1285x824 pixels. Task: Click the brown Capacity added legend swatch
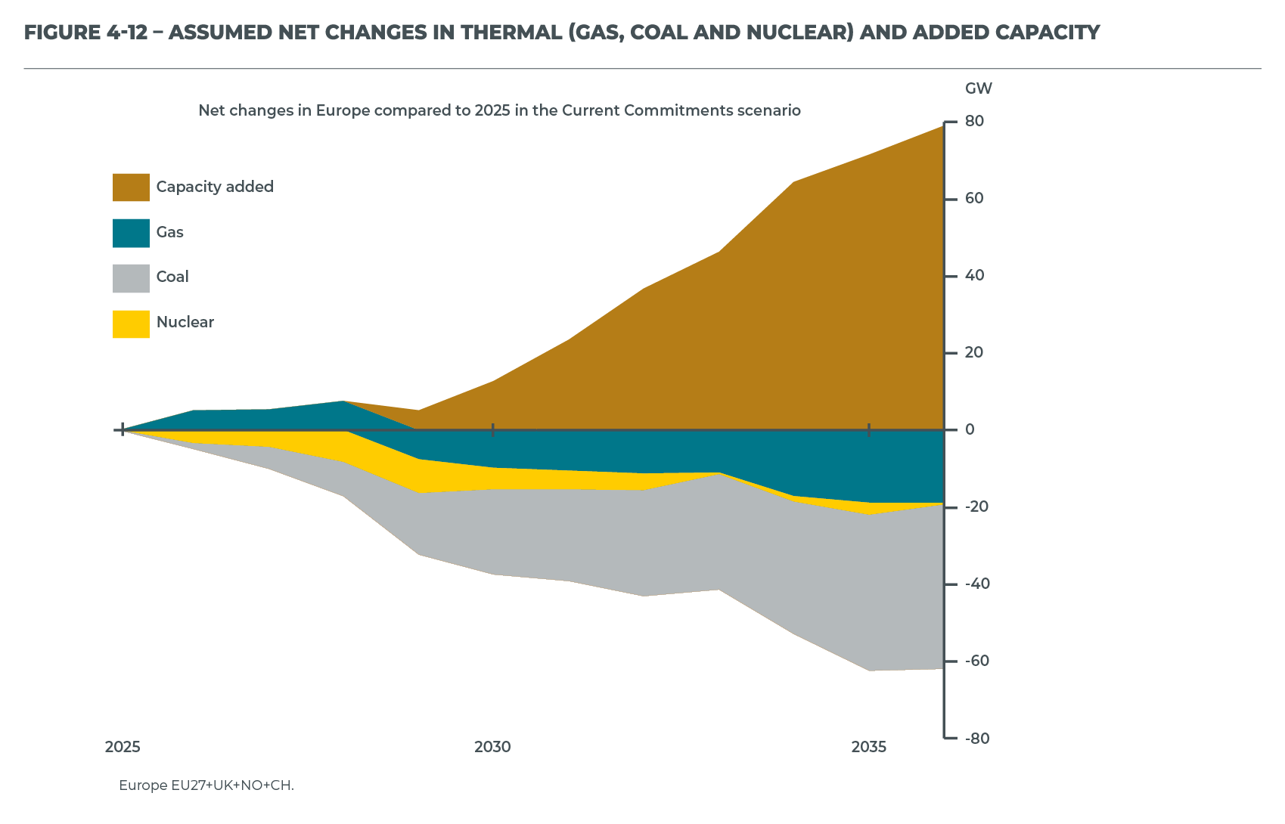tap(131, 187)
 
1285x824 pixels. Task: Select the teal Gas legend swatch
tap(131, 233)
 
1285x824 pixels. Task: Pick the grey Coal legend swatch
tap(131, 278)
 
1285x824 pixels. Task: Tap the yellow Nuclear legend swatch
tap(131, 324)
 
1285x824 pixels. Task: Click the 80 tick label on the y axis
tap(974, 122)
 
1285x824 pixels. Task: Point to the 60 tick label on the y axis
tap(974, 199)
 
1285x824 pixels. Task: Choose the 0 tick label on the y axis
tap(970, 430)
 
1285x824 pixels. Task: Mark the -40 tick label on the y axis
tap(976, 584)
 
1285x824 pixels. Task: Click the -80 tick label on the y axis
tap(976, 739)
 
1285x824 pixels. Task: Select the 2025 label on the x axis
tap(123, 748)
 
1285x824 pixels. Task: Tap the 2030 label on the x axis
tap(492, 748)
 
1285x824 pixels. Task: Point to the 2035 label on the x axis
tap(869, 748)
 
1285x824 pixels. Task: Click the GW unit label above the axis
tap(979, 89)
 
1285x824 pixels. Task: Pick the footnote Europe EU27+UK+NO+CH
tap(206, 785)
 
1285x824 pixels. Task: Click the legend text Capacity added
tap(215, 187)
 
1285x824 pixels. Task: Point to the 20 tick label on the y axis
tap(974, 353)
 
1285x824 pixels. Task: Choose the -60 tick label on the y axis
tap(976, 661)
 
